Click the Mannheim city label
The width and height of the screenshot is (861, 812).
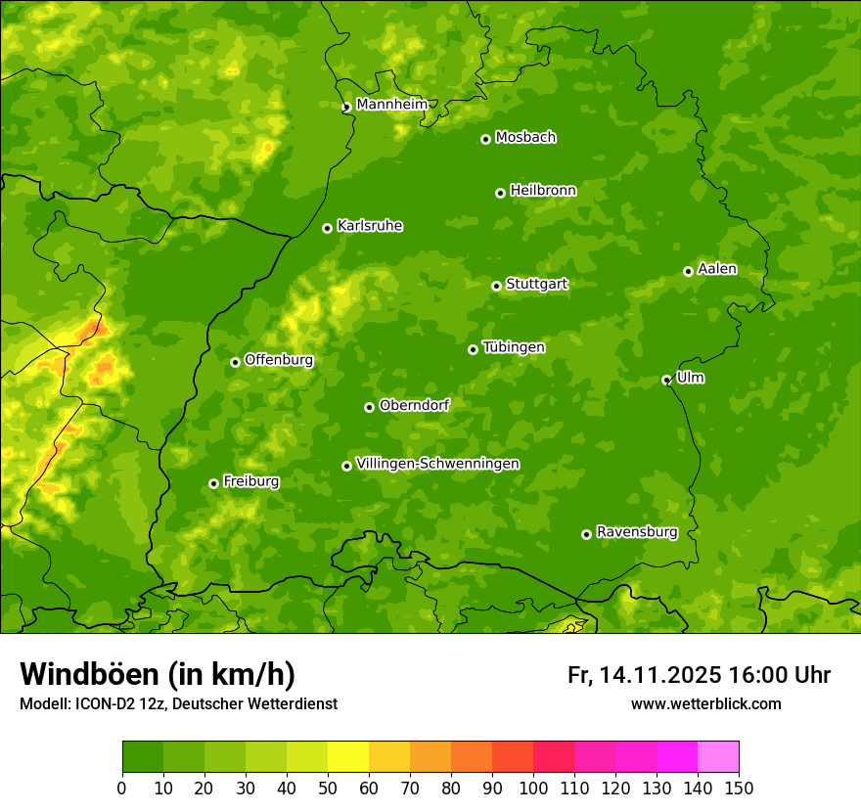click(391, 105)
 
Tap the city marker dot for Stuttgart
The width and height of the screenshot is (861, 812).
click(497, 286)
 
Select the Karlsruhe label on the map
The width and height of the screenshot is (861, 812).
click(369, 226)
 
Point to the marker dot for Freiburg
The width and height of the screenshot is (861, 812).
click(214, 483)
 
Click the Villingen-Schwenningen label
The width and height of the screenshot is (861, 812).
click(437, 464)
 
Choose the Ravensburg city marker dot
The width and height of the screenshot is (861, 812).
click(587, 534)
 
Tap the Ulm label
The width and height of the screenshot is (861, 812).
click(690, 378)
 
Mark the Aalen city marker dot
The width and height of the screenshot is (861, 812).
click(689, 271)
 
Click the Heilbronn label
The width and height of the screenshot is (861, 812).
click(543, 191)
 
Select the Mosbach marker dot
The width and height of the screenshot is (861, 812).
click(485, 139)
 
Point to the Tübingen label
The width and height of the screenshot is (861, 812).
click(513, 347)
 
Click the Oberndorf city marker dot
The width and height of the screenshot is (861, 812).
click(370, 407)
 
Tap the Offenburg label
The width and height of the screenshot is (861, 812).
click(279, 360)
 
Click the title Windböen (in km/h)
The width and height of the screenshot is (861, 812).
click(158, 674)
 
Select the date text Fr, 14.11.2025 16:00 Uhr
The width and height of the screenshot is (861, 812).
click(699, 675)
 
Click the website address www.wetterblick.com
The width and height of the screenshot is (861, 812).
click(705, 703)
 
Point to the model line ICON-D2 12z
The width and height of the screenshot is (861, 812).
click(178, 703)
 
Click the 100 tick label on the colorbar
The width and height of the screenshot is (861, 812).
click(533, 788)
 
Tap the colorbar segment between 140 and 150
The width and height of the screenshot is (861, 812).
click(718, 757)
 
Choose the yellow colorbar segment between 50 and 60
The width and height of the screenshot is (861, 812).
click(348, 757)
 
